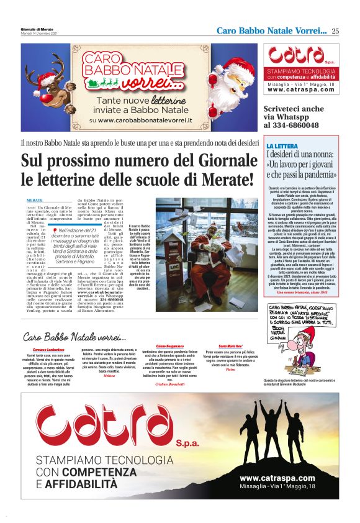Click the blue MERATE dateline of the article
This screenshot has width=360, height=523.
(35, 201)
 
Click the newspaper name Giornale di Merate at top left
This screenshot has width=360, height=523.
(38, 29)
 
